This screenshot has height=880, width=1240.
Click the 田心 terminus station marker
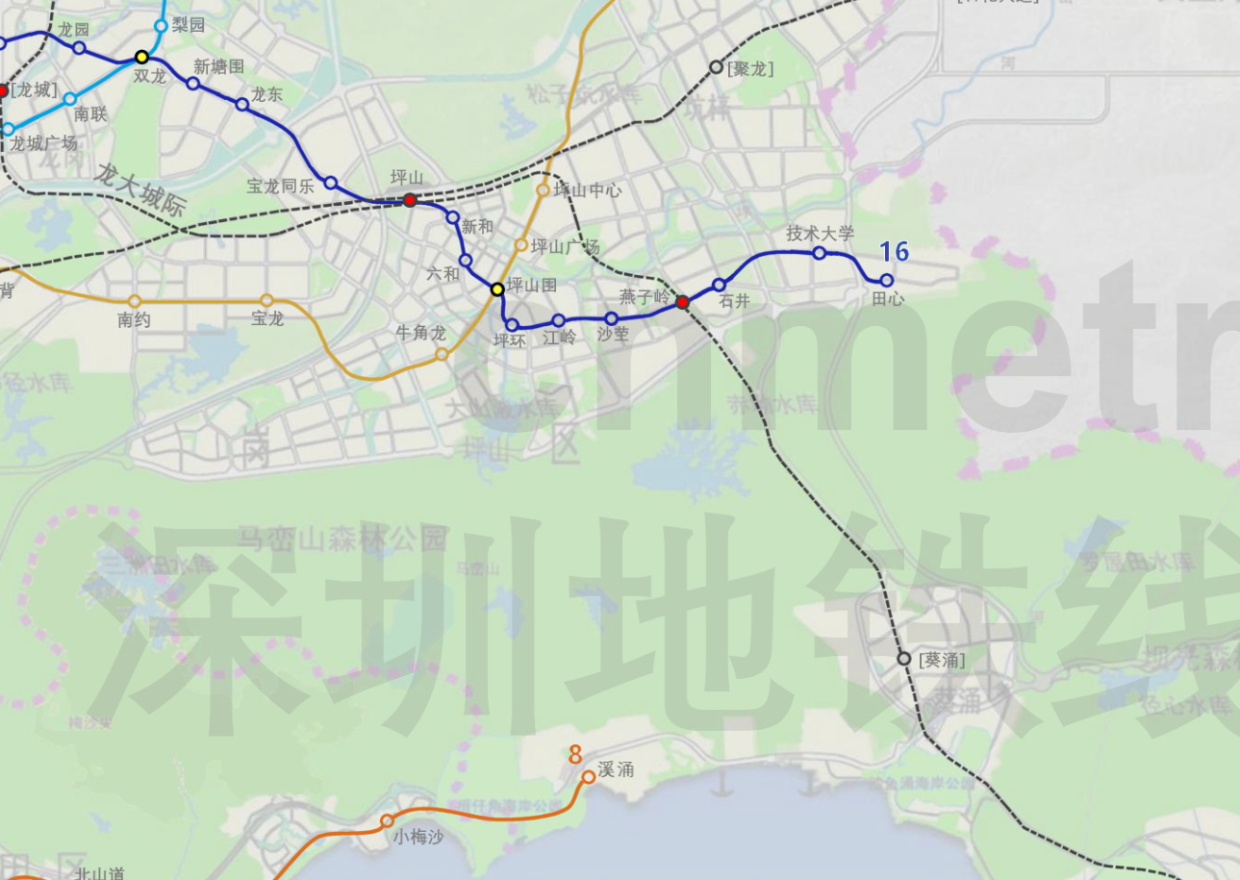887,280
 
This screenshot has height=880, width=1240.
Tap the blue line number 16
894,252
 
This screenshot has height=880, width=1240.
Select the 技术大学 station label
820,234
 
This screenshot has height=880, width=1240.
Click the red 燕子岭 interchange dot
682,303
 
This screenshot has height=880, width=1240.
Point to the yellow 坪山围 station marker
497,289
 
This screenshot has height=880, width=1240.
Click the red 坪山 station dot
410,200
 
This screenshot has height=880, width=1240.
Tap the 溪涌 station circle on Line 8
589,776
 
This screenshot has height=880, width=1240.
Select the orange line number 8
575,754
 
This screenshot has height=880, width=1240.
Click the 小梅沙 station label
418,838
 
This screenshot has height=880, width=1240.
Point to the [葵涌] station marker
904,659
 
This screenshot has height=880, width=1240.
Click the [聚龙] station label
751,68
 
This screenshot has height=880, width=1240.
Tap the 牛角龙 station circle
442,354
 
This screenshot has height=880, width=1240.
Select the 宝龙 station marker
267,301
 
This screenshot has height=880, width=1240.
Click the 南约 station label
135,320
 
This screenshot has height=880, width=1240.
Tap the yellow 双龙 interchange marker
142,57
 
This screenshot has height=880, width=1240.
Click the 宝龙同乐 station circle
330,183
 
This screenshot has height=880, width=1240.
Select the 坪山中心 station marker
544,190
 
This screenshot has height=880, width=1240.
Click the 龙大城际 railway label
140,188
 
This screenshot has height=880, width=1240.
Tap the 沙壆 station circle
611,318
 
